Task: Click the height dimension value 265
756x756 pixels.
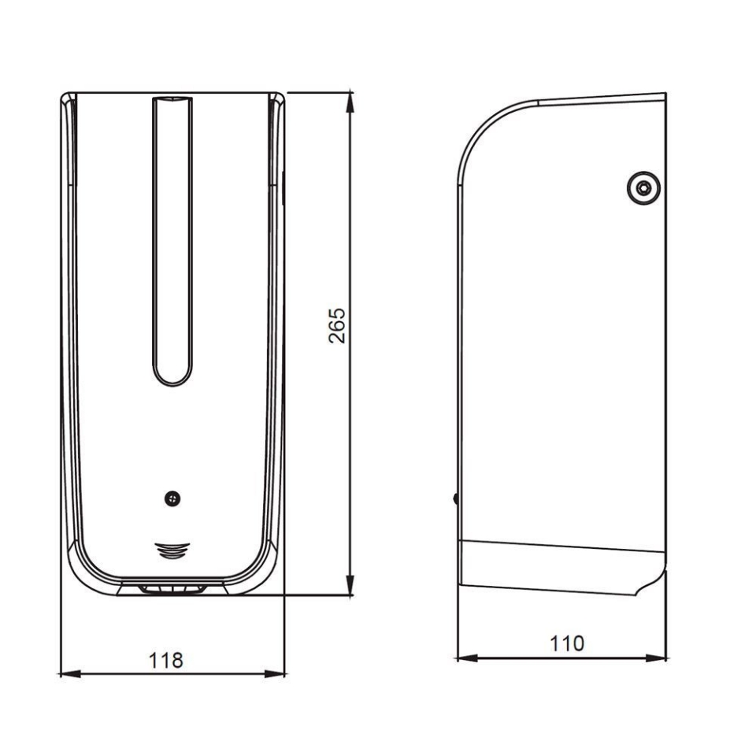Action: [337, 324]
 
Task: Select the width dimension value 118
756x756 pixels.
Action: [167, 660]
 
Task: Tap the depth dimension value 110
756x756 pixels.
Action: [566, 643]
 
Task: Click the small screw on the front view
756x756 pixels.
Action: [172, 498]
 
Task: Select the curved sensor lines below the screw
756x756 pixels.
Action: [172, 550]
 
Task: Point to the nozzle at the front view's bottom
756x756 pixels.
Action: [172, 588]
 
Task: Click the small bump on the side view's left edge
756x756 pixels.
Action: [456, 498]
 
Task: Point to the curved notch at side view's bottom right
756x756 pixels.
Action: [652, 583]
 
